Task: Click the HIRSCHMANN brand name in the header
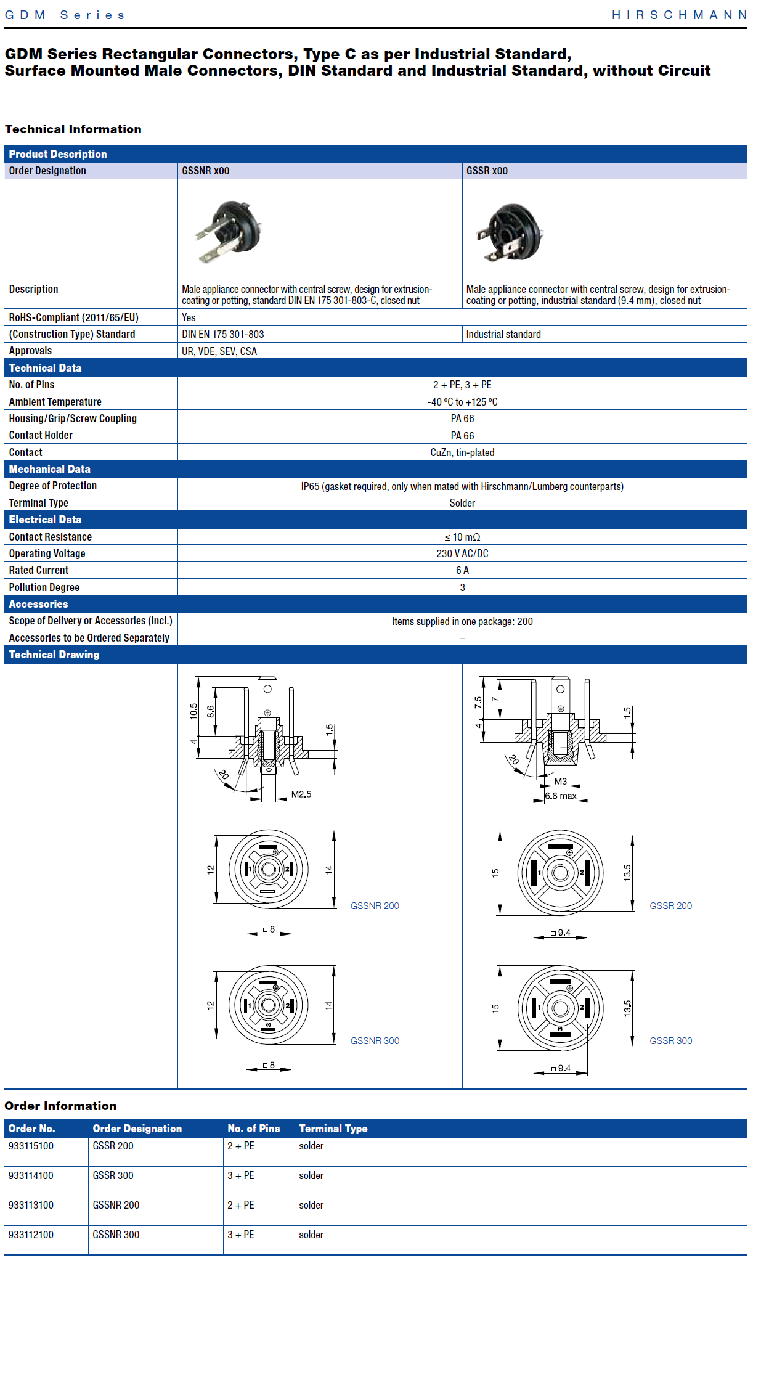pos(679,15)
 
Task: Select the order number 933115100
pos(31,1146)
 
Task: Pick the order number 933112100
pos(31,1235)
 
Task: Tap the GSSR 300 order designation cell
pos(113,1175)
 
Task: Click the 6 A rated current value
pos(462,570)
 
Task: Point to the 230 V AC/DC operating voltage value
pos(462,553)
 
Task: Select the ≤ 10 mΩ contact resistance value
pos(462,537)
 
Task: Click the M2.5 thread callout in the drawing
pos(301,794)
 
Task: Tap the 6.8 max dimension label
pos(561,796)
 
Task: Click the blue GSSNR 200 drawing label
pos(375,905)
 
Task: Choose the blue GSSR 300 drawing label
pos(670,1040)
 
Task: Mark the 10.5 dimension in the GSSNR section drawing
pos(193,711)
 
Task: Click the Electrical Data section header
pos(45,520)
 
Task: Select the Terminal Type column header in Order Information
pos(333,1129)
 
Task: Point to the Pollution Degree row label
pos(44,587)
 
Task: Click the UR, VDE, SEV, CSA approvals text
pos(219,351)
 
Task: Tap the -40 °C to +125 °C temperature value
pos(462,402)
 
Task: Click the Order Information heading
pos(60,1106)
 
